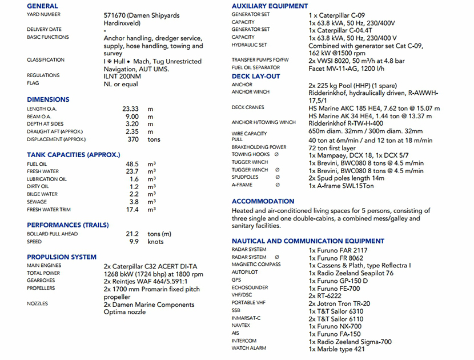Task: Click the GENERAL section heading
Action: [x=42, y=6]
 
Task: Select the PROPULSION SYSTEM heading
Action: [x=62, y=257]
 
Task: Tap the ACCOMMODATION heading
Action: [x=263, y=202]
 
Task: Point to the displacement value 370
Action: [x=133, y=139]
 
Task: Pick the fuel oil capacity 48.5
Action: [x=132, y=164]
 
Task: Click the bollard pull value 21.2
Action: [x=132, y=234]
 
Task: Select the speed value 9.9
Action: [x=135, y=242]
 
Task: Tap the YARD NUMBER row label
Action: [x=43, y=14]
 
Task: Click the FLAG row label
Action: [x=33, y=83]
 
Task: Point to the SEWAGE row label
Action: [x=37, y=202]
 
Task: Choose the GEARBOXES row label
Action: [x=41, y=281]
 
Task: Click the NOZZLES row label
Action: [x=37, y=304]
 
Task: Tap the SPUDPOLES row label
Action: [x=245, y=177]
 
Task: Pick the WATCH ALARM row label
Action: [x=249, y=348]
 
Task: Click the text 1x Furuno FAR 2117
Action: [x=338, y=250]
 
